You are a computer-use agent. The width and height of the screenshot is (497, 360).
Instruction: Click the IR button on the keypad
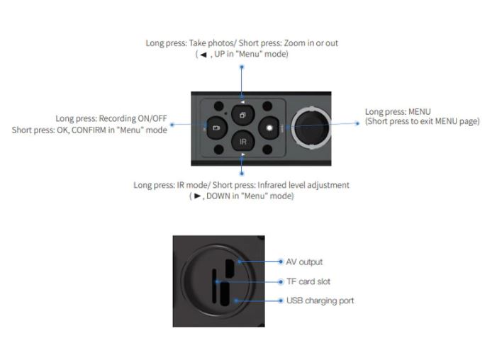(x=242, y=141)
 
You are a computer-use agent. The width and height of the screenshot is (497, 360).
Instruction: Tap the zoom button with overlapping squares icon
(x=242, y=115)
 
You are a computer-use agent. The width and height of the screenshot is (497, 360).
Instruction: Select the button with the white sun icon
(x=269, y=128)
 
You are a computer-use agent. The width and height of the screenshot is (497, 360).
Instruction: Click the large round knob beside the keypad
(x=311, y=128)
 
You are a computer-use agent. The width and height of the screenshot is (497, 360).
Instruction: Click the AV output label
(x=304, y=261)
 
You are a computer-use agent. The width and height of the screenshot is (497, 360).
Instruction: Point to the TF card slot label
(x=308, y=281)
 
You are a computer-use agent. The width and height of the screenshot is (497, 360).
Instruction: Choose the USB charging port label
(x=320, y=300)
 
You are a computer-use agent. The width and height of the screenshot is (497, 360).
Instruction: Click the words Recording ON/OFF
(x=133, y=118)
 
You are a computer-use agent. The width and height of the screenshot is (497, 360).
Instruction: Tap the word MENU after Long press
(x=419, y=111)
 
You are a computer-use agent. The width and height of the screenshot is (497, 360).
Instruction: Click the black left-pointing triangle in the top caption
(x=203, y=55)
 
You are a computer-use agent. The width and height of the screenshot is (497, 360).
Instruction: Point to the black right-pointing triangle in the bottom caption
(x=197, y=196)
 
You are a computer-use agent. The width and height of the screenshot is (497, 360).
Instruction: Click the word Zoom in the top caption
(x=294, y=43)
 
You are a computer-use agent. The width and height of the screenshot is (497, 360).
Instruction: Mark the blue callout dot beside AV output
(x=281, y=261)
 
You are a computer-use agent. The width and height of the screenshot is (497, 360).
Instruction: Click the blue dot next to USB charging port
(x=281, y=300)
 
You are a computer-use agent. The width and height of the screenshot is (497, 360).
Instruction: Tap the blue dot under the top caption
(x=242, y=67)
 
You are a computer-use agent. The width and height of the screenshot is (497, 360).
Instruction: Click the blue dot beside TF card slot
(x=281, y=281)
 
